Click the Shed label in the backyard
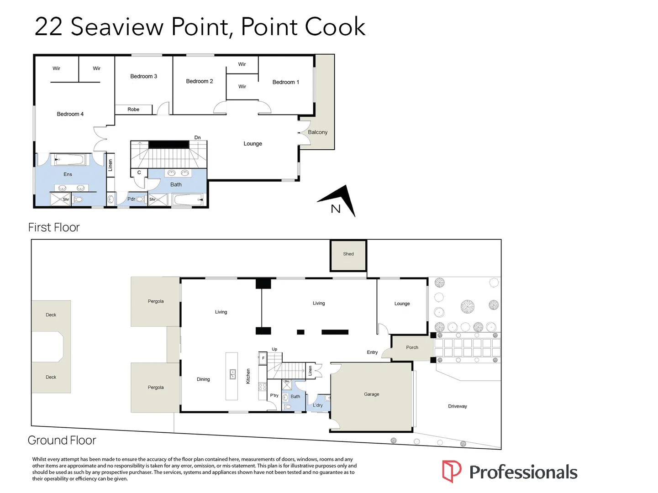(348, 254)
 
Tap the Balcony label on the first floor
(317, 132)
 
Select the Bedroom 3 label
(143, 76)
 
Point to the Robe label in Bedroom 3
(133, 110)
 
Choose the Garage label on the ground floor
(371, 394)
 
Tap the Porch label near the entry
(412, 347)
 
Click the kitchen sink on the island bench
(232, 374)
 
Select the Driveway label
(458, 406)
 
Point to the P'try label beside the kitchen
(274, 395)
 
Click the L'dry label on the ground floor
(318, 405)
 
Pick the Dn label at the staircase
(197, 137)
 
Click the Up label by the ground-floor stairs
(274, 349)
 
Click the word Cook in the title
(335, 26)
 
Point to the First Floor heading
(54, 227)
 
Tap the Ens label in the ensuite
(68, 174)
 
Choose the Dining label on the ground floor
(203, 379)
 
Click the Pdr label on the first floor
(131, 199)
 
